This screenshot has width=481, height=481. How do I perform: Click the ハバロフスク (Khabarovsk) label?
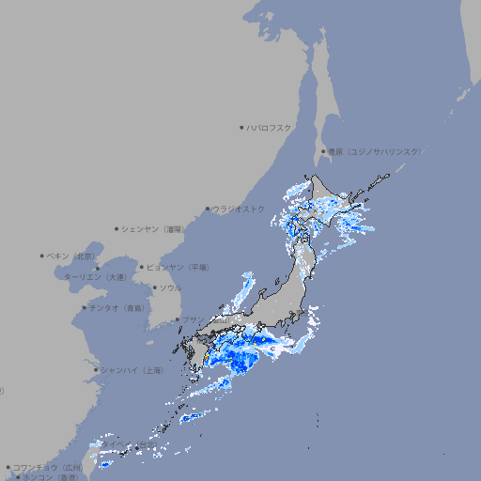(x=270, y=127)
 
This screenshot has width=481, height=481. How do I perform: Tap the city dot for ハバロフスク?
(x=241, y=127)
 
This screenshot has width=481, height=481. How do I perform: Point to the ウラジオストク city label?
(x=239, y=209)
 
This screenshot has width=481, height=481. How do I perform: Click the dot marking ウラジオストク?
(x=208, y=209)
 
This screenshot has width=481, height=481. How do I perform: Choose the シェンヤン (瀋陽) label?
(x=155, y=228)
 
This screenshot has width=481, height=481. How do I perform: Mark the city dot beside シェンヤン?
(x=117, y=228)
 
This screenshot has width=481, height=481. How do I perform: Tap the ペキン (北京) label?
(x=72, y=256)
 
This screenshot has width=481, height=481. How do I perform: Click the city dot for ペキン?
(x=42, y=256)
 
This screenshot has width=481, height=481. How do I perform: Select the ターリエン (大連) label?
(x=95, y=277)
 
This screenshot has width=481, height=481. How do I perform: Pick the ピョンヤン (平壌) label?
(x=178, y=267)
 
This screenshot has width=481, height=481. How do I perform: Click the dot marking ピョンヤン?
(x=143, y=267)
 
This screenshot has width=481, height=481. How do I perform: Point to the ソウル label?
(x=170, y=287)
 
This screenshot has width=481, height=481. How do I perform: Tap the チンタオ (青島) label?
(x=117, y=307)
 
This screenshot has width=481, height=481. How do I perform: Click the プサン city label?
(x=193, y=320)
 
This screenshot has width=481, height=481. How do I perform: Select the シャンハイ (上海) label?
(x=132, y=370)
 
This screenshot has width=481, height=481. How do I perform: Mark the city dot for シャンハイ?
(x=96, y=370)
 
